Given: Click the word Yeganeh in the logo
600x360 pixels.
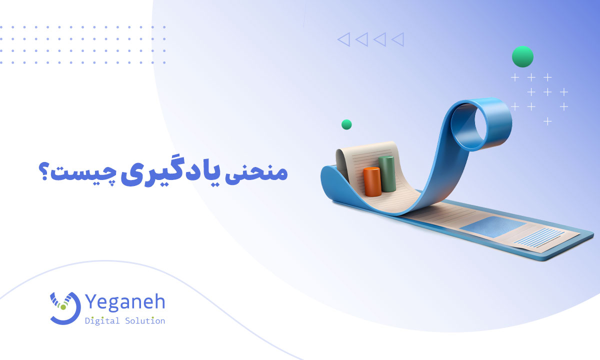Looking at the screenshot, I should tap(125, 302).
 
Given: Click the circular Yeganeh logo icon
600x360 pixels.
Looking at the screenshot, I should tap(65, 307).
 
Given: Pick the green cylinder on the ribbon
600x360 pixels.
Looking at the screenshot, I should tap(387, 173).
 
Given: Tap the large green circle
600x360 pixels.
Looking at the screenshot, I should tap(522, 56).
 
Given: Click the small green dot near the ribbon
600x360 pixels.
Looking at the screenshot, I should tap(346, 124).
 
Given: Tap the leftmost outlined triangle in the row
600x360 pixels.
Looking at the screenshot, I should tap(343, 39).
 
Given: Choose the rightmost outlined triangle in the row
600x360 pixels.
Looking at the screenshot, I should tap(398, 39).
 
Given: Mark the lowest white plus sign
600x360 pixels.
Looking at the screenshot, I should tap(547, 121).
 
